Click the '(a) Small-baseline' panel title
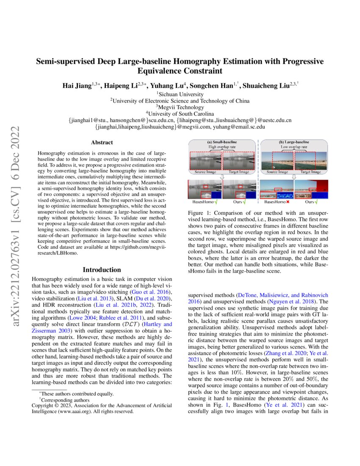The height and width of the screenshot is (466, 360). [x=222, y=142]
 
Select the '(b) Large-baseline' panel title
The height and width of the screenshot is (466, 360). [x=294, y=142]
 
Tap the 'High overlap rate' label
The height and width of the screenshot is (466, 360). [x=222, y=147]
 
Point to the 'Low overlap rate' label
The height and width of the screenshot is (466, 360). [x=294, y=147]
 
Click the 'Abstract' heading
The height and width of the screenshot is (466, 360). [x=102, y=143]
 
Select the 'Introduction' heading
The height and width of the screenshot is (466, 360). [x=102, y=270]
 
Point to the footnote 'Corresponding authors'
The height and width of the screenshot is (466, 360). [x=66, y=400]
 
